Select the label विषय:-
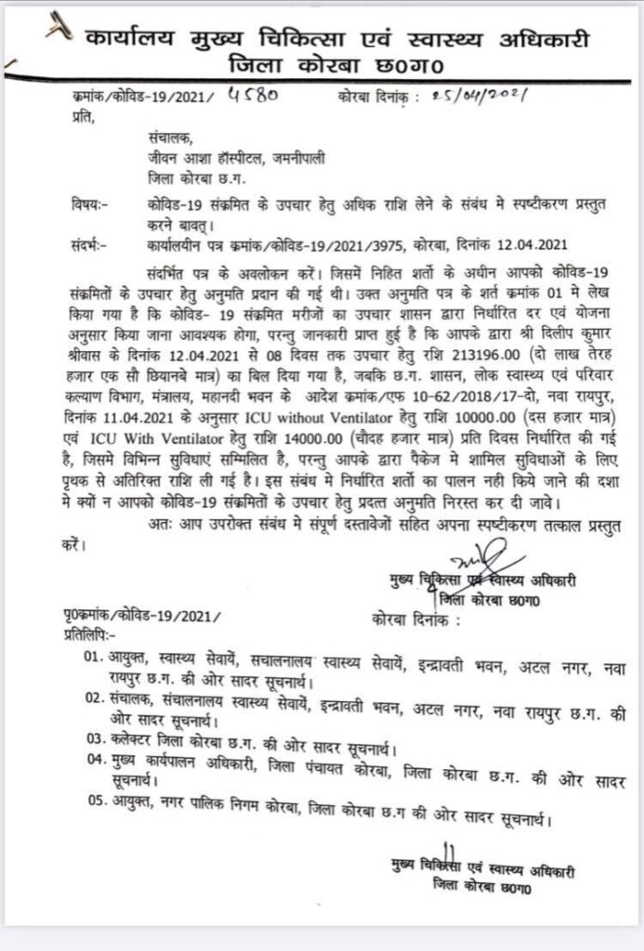(x=89, y=203)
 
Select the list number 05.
(x=93, y=820)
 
